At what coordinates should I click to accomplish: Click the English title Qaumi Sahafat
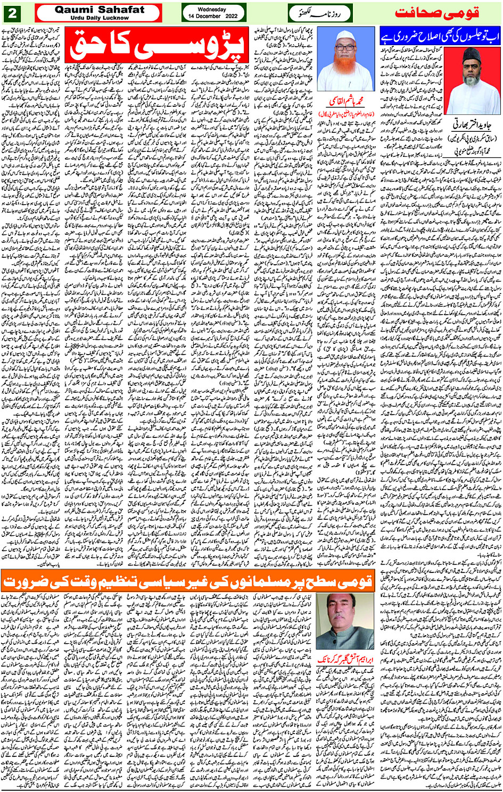pyautogui.click(x=99, y=10)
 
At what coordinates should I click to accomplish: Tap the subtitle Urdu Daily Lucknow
pyautogui.click(x=99, y=18)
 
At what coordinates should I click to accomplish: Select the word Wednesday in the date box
pyautogui.click(x=212, y=9)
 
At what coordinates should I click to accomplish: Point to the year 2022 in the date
pyautogui.click(x=228, y=16)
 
